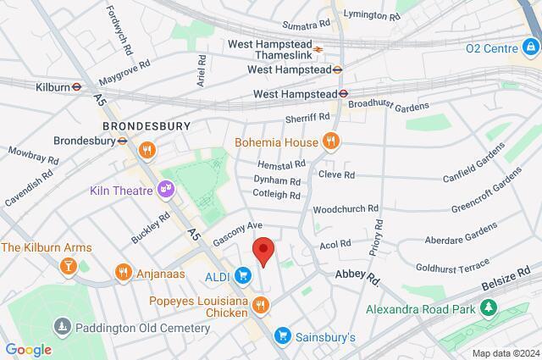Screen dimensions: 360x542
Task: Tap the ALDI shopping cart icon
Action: [243, 274]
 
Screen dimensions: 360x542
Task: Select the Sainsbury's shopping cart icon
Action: [284, 336]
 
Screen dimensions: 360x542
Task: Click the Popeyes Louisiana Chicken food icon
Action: [263, 305]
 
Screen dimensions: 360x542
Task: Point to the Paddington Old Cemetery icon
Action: [61, 327]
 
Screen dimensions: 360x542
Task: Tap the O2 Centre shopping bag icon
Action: [531, 48]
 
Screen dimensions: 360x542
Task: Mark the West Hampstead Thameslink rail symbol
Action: [319, 48]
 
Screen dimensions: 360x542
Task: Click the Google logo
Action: [28, 349]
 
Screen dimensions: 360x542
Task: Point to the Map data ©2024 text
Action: [505, 352]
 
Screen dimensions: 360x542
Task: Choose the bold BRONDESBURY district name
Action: [145, 125]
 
